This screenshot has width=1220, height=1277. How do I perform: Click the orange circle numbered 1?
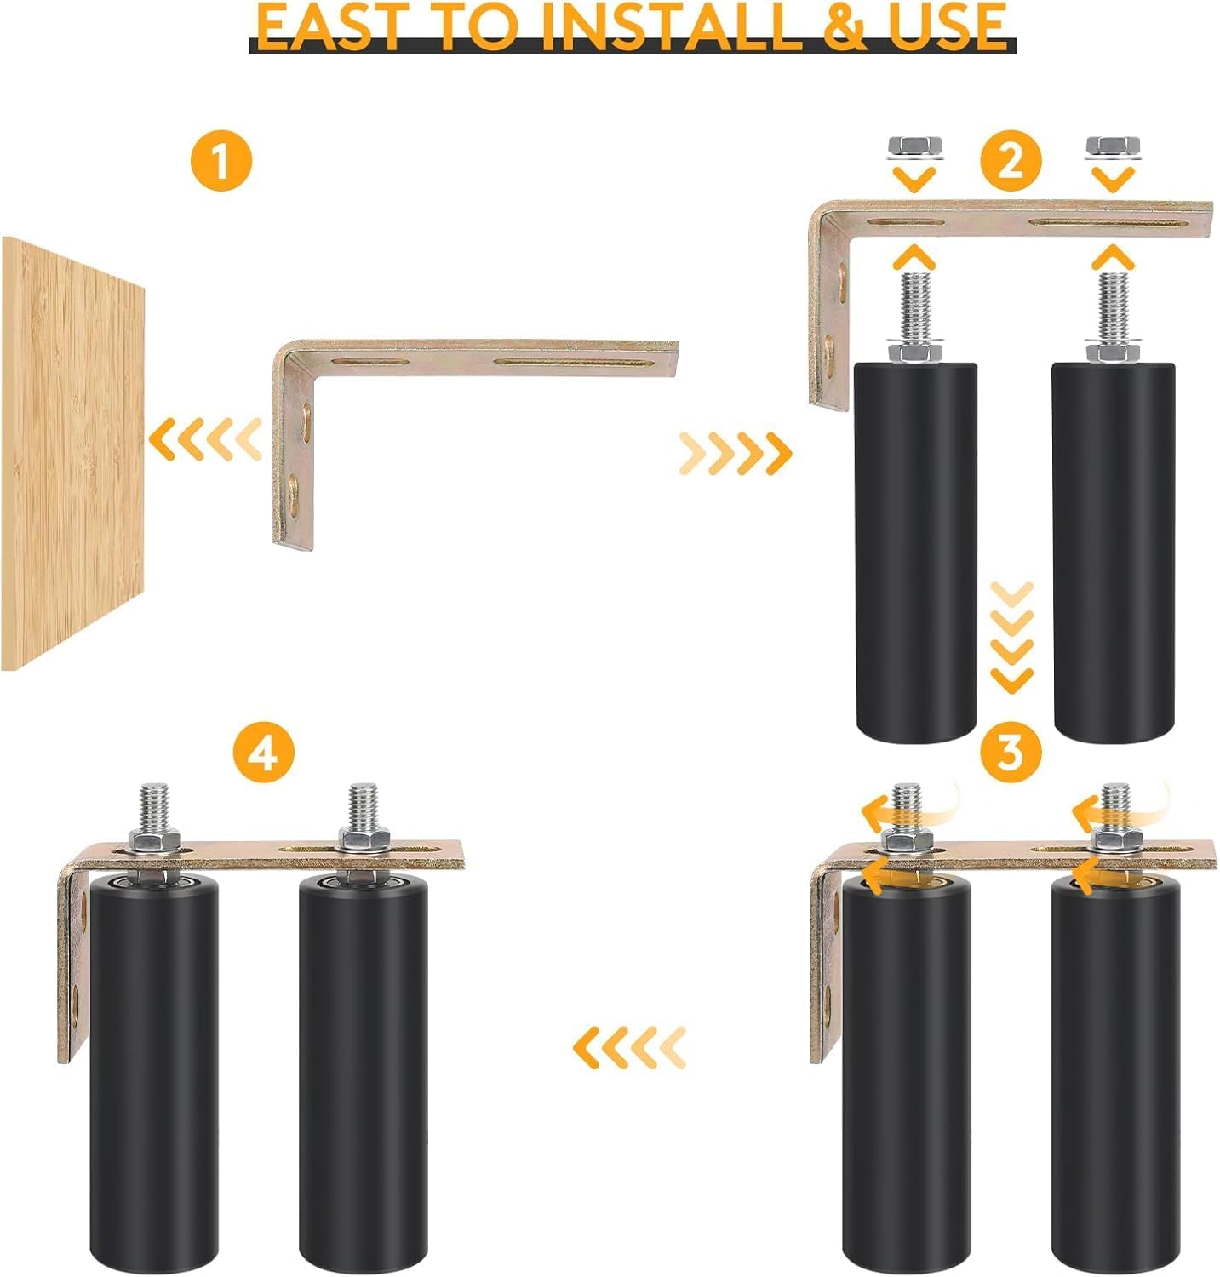[x=221, y=161]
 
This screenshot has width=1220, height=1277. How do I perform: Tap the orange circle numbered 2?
[x=1010, y=161]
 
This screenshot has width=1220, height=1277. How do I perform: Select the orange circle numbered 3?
[x=1010, y=752]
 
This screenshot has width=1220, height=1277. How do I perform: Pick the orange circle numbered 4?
[x=265, y=753]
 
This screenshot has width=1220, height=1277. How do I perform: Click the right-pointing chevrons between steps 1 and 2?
[x=735, y=452]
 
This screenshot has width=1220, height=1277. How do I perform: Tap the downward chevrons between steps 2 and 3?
[x=1012, y=637]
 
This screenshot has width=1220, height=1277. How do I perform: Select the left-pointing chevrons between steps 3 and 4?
[x=629, y=1046]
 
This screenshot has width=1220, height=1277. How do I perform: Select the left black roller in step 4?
[x=153, y=1073]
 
